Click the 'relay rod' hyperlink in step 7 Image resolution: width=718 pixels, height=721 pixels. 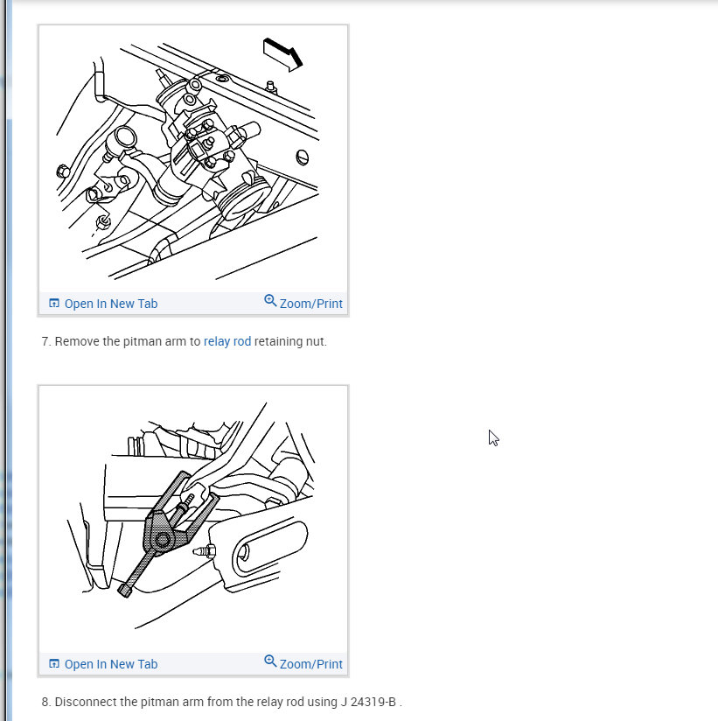tap(227, 341)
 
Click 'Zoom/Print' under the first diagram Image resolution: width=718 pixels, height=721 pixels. tap(303, 303)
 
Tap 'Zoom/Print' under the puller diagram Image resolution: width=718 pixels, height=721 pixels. tap(303, 663)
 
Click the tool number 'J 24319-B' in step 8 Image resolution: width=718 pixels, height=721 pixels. tap(368, 702)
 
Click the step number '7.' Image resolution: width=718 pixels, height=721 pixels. tap(46, 341)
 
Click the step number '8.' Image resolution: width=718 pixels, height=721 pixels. tap(46, 702)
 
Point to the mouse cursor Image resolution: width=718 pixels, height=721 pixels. tap(493, 437)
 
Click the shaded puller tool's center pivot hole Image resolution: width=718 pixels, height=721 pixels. tap(163, 539)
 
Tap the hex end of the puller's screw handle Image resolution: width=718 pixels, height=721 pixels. tap(124, 590)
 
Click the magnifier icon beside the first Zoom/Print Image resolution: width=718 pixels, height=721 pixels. tap(270, 301)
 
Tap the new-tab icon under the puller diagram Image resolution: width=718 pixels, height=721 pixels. tap(53, 663)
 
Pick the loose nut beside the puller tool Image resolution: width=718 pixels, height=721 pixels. tap(205, 550)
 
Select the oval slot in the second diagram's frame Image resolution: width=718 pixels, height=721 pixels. tap(270, 547)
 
